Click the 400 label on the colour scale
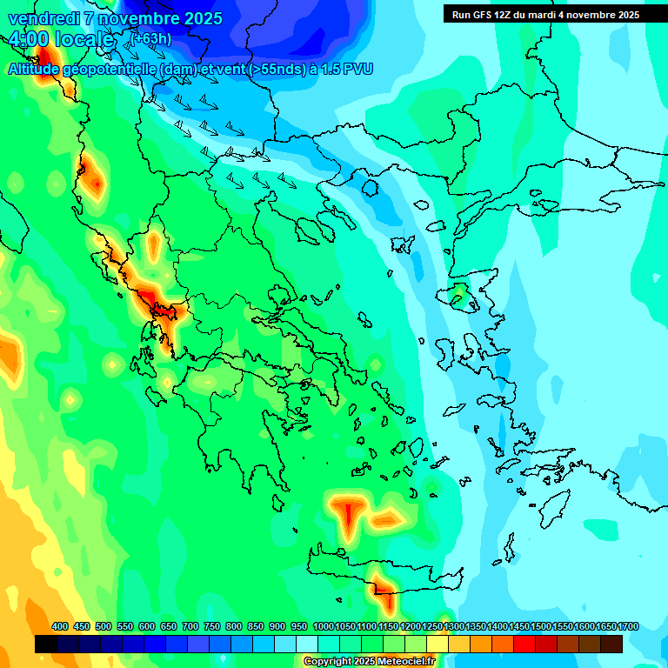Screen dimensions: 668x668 60,626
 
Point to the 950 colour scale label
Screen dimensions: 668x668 299,626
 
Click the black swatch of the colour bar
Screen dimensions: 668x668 46,644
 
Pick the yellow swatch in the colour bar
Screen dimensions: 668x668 438,644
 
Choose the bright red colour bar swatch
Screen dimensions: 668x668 524,644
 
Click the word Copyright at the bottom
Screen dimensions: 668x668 327,662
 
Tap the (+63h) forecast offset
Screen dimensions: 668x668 151,38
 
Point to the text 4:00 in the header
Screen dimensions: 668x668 27,39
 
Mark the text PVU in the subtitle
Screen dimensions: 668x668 358,69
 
